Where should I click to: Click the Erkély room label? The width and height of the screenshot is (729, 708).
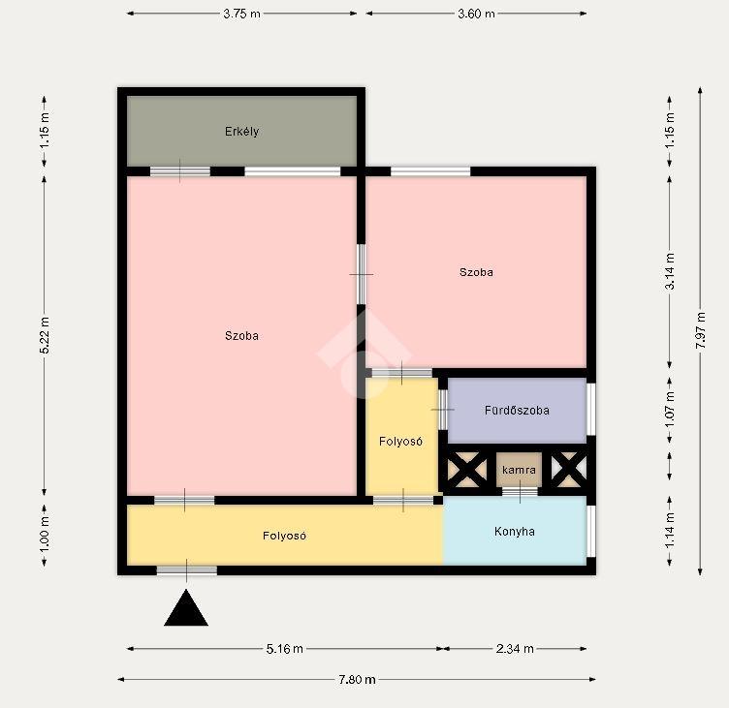click(x=241, y=132)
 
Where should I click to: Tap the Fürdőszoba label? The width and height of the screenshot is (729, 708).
click(x=517, y=411)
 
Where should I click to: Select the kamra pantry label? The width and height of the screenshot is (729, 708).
click(x=519, y=470)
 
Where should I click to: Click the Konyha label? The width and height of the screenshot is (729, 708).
click(x=514, y=531)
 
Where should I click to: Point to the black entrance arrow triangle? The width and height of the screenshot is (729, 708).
click(x=186, y=608)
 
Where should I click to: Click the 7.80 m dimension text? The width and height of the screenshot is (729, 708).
click(x=357, y=680)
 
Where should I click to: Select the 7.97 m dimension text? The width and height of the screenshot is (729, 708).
click(x=701, y=330)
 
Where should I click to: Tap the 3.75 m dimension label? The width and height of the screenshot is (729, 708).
click(x=241, y=14)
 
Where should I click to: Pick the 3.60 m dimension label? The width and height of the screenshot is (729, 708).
click(x=476, y=14)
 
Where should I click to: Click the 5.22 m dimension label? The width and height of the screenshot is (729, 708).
click(x=45, y=335)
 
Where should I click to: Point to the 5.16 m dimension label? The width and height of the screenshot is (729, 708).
click(x=285, y=649)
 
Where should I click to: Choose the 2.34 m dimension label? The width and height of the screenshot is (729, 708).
click(x=515, y=649)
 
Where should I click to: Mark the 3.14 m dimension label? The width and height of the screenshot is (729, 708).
click(x=670, y=271)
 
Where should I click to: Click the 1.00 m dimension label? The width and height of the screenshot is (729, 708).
click(x=45, y=536)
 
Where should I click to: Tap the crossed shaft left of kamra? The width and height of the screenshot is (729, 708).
click(x=467, y=470)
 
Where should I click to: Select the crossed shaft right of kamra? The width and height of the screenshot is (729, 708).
click(x=569, y=470)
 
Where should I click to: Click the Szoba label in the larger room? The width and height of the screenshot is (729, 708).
click(x=241, y=335)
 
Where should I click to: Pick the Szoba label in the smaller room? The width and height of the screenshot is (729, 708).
click(x=476, y=272)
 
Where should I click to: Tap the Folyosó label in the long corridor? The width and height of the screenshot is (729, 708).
click(x=285, y=536)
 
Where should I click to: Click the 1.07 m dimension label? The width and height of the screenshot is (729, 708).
click(x=670, y=411)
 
